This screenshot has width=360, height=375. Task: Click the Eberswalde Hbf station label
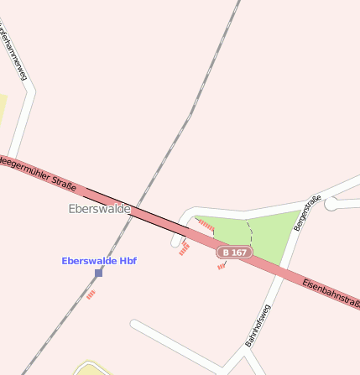click(x=99, y=261)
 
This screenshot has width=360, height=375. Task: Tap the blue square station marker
click(x=99, y=273)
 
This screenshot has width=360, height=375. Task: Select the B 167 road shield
click(x=234, y=252)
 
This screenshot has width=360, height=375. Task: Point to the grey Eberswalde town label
click(x=99, y=209)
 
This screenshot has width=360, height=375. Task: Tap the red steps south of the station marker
click(x=91, y=294)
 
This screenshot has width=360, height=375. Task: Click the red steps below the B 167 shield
click(x=222, y=266)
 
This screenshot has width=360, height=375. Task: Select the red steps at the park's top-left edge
click(x=205, y=225)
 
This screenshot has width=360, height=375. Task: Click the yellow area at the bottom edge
click(x=91, y=369)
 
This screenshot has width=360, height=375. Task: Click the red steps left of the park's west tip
click(x=184, y=248)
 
